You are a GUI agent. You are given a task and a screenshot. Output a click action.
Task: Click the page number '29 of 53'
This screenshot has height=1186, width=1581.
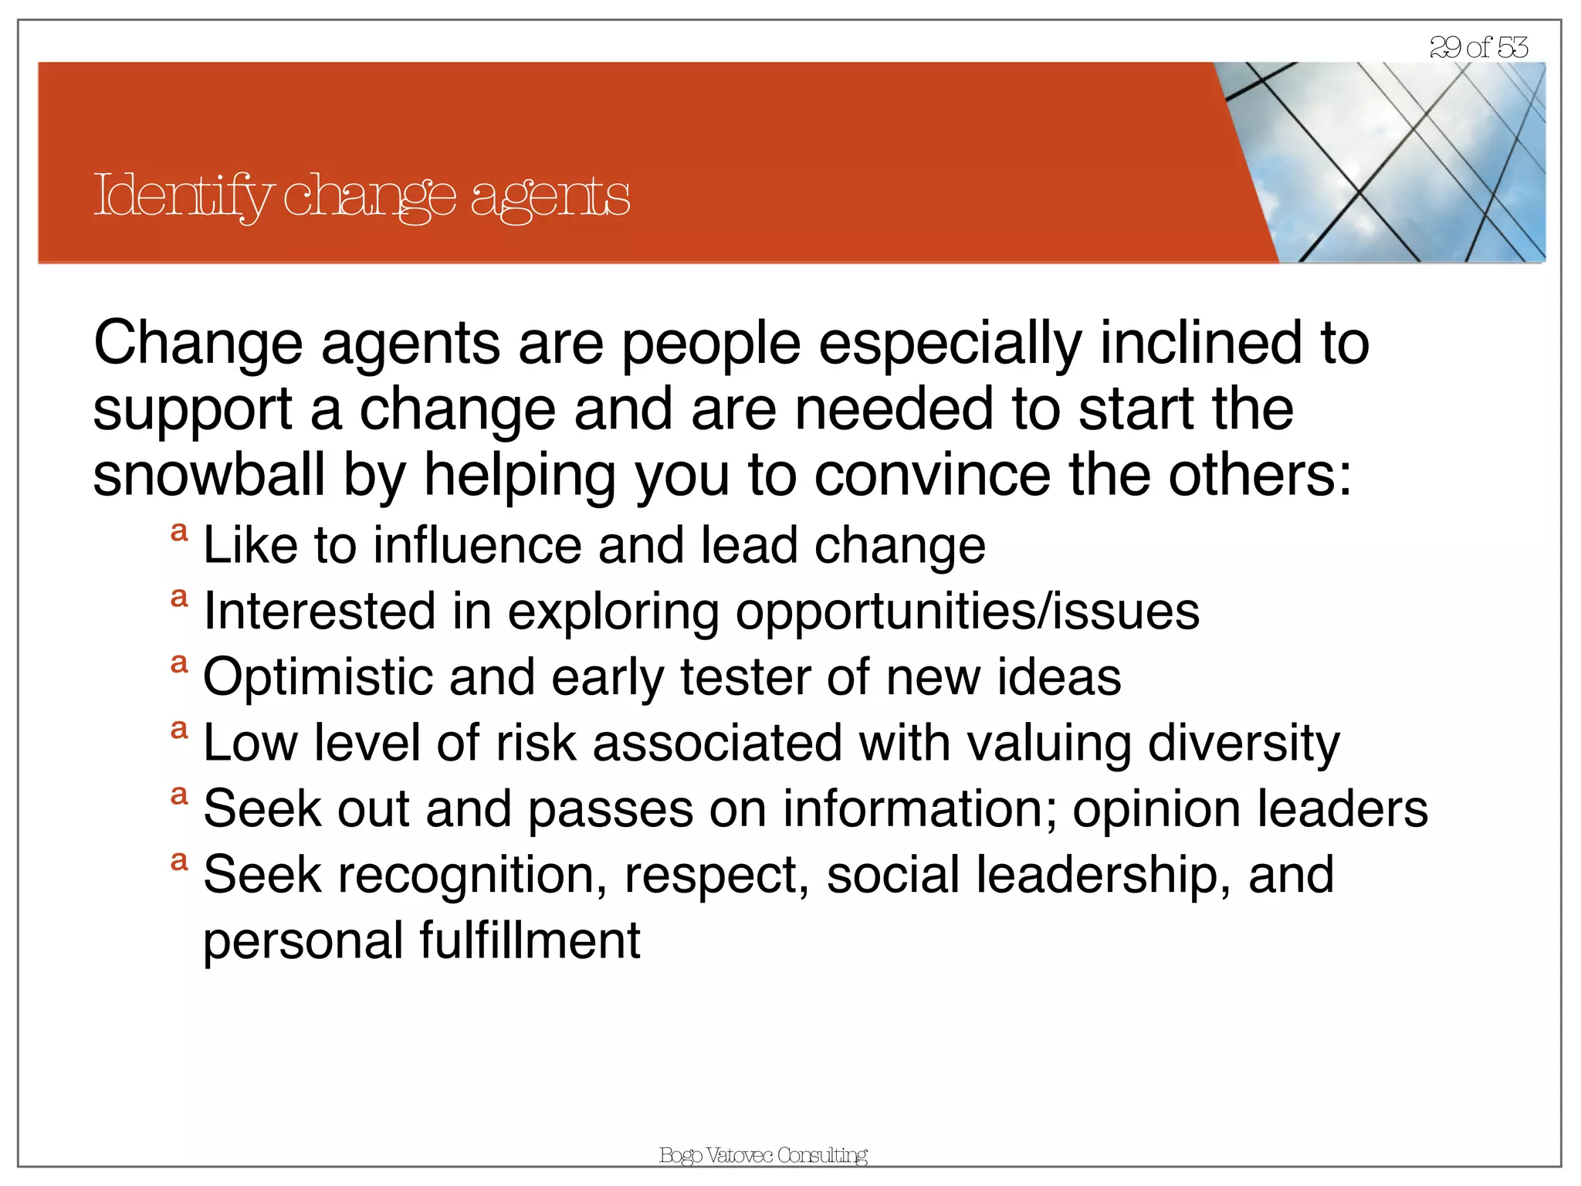point(1478,47)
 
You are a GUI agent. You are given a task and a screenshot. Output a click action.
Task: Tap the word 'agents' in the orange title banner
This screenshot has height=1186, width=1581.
point(550,198)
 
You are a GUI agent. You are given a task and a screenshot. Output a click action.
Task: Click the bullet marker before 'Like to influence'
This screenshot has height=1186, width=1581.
point(179,532)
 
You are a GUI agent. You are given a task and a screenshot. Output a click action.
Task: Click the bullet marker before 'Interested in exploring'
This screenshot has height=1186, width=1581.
point(179,598)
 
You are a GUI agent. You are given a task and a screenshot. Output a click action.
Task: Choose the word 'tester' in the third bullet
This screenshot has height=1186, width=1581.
point(744,677)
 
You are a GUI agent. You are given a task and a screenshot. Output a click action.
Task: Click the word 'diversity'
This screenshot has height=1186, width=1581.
point(1244,744)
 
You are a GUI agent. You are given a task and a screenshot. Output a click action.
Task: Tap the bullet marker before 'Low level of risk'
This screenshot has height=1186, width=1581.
point(179,730)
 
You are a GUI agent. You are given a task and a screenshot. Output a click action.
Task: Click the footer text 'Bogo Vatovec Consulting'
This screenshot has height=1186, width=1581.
point(763,1155)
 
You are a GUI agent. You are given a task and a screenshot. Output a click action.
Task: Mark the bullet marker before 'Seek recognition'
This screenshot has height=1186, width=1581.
point(179,862)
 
